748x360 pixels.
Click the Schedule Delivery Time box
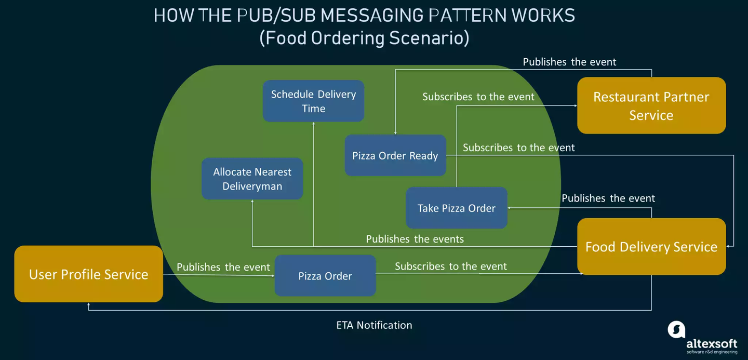[x=313, y=101]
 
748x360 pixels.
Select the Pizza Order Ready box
[x=395, y=155]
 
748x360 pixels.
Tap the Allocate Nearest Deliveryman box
[x=252, y=179]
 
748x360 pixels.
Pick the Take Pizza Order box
[x=456, y=208]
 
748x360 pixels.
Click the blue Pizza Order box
[x=325, y=276]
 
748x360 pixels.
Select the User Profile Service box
[x=89, y=274]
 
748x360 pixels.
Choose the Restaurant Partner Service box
[x=651, y=105]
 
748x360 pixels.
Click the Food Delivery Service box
[x=651, y=247]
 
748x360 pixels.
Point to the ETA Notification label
[x=374, y=325]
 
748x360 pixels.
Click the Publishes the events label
[x=415, y=239]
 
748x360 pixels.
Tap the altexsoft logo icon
[x=676, y=329]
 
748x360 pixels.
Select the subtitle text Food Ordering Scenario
[x=364, y=38]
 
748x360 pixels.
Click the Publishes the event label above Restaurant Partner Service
[x=569, y=62]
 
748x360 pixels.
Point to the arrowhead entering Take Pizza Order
[x=510, y=208]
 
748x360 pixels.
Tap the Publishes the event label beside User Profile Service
[x=223, y=267]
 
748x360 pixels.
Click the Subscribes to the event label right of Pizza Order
[x=450, y=266]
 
